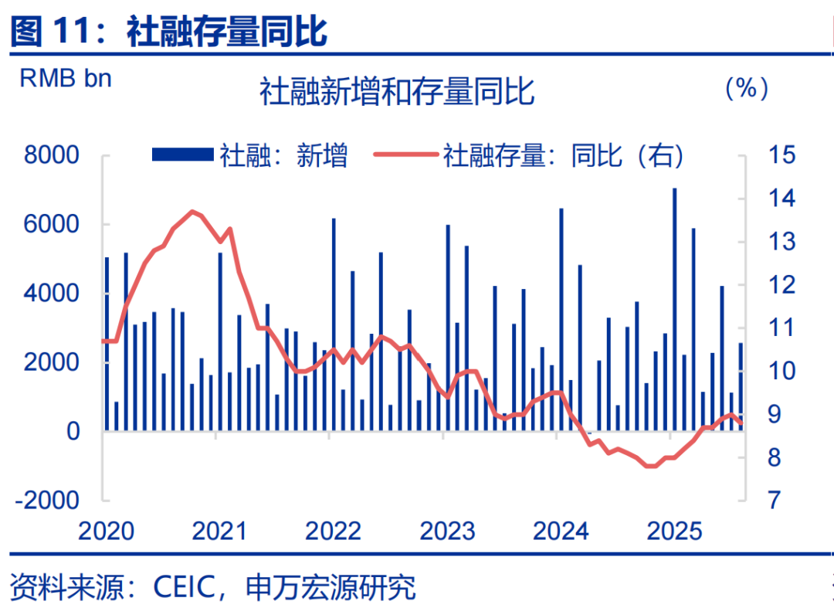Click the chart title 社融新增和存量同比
click(397, 92)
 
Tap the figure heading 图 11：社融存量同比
click(169, 32)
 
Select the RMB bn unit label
click(66, 79)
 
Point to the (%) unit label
click(746, 89)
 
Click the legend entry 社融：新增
click(250, 155)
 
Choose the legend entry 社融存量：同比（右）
click(530, 155)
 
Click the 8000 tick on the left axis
click(52, 155)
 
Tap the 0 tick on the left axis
click(73, 431)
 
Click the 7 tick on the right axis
click(774, 500)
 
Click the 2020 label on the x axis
click(107, 532)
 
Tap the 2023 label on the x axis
click(447, 532)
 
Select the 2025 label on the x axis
click(674, 532)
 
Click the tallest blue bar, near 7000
click(674, 309)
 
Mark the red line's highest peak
click(192, 211)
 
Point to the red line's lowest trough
click(651, 466)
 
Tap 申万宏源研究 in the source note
click(331, 587)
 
